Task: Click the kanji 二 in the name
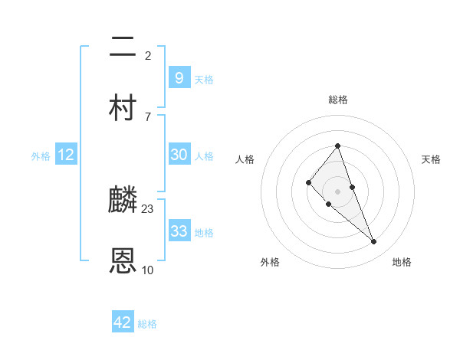pyautogui.click(x=123, y=47)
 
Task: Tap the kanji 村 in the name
pyautogui.click(x=123, y=108)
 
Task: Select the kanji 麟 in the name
pyautogui.click(x=123, y=200)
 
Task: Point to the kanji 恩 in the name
pyautogui.click(x=123, y=261)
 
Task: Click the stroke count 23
pyautogui.click(x=148, y=208)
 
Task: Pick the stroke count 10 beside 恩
pyautogui.click(x=148, y=270)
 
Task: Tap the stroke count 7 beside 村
pyautogui.click(x=148, y=116)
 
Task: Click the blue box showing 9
pyautogui.click(x=179, y=77)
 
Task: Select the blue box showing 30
pyautogui.click(x=179, y=154)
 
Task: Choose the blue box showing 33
pyautogui.click(x=179, y=231)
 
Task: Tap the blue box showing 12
pyautogui.click(x=66, y=155)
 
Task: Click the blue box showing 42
pyautogui.click(x=123, y=322)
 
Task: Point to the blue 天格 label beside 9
pyautogui.click(x=204, y=79)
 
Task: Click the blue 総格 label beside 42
pyautogui.click(x=147, y=324)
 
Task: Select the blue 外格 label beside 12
pyautogui.click(x=41, y=156)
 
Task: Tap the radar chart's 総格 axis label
pyautogui.click(x=338, y=100)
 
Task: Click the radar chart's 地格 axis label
pyautogui.click(x=402, y=262)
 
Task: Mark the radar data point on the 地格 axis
pyautogui.click(x=374, y=242)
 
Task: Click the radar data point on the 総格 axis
pyautogui.click(x=338, y=146)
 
